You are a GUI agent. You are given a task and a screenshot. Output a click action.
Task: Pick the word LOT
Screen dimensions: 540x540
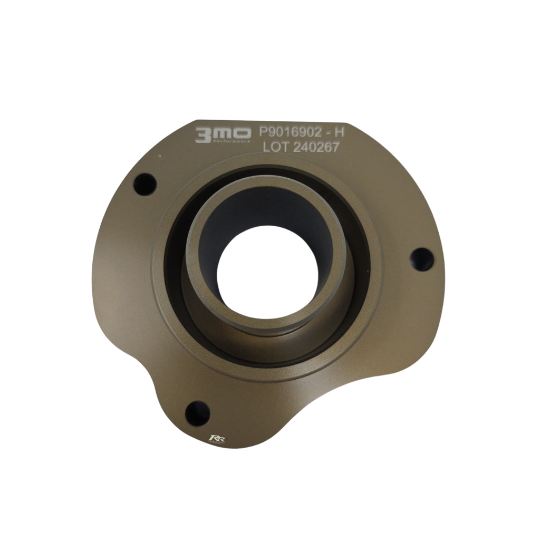[275, 148]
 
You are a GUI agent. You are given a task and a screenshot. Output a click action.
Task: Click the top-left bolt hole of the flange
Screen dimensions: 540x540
[145, 185]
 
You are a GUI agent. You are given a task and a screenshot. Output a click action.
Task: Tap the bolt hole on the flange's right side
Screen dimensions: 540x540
[422, 258]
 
